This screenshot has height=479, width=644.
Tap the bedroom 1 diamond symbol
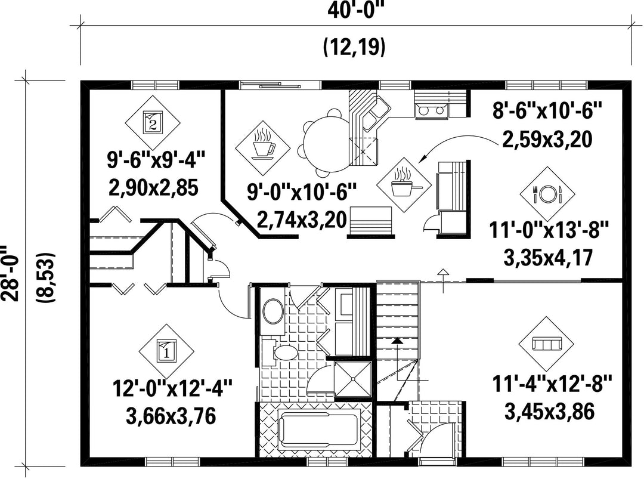(x=166, y=352)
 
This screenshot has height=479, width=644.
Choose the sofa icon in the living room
(x=546, y=344)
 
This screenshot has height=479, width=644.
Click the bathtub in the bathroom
(x=318, y=431)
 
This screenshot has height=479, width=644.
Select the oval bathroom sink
(x=273, y=311)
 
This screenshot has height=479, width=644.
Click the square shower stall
(x=353, y=379)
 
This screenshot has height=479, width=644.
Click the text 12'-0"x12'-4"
(x=172, y=388)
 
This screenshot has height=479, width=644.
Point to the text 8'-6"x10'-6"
(x=547, y=110)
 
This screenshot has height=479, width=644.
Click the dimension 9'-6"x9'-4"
(x=156, y=159)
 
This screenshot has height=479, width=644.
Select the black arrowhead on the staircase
(x=397, y=341)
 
